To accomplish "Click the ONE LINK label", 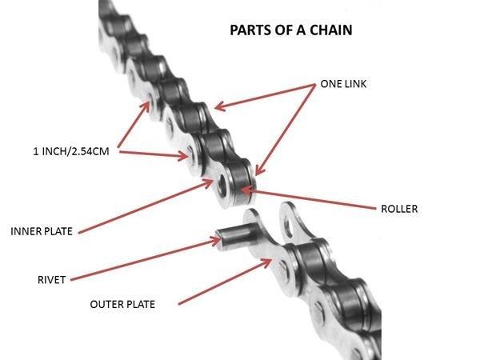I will tap(343, 83).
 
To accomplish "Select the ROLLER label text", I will tap(399, 209).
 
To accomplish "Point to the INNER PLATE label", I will tap(42, 232).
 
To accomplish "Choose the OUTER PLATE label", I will tap(122, 304).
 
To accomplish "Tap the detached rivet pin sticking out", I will tap(231, 239).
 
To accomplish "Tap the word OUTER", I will tap(106, 304).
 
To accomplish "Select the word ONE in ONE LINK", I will tap(330, 83).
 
